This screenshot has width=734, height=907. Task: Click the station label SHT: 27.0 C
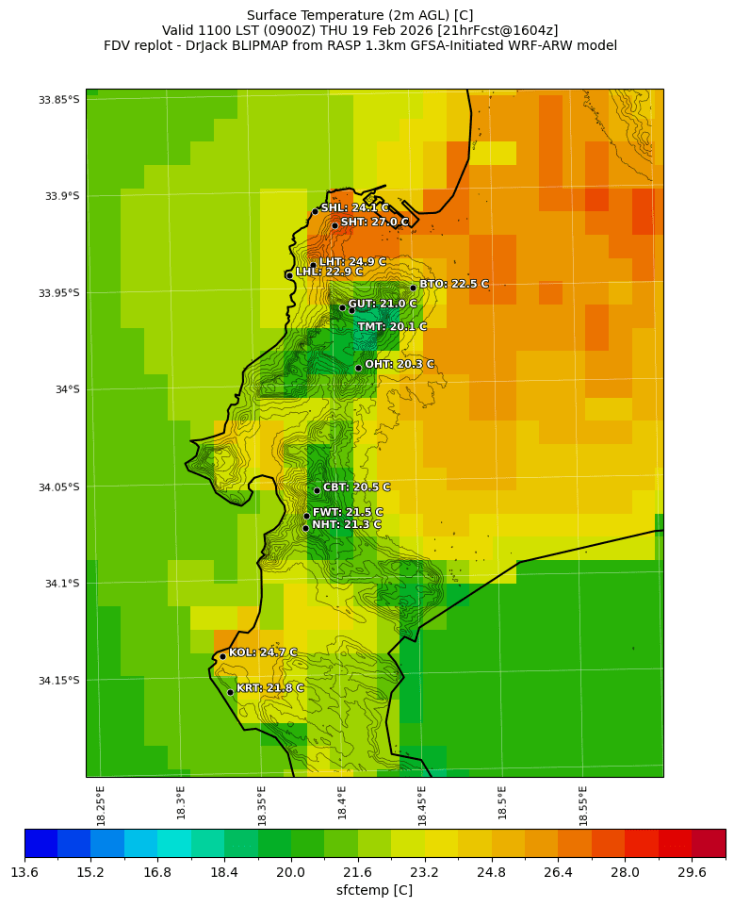[x=374, y=223]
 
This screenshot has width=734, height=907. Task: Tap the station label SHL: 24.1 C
[x=354, y=208]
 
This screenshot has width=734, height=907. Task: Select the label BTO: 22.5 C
[x=454, y=284]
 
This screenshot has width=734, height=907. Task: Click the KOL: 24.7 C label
[x=262, y=652]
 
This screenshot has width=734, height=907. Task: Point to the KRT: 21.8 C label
[x=269, y=688]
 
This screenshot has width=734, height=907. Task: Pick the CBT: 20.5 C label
[x=356, y=487]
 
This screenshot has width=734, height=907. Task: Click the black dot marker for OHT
[x=358, y=368]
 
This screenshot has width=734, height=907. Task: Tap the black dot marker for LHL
[x=289, y=275]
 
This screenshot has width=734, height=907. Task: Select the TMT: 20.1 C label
[x=392, y=327]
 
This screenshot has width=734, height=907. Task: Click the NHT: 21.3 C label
[x=347, y=525]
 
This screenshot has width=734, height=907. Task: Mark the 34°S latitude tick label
[x=66, y=389]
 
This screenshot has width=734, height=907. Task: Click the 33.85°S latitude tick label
[x=59, y=100]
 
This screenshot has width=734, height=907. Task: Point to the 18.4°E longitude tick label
[x=342, y=805]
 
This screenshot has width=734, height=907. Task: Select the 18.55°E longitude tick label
[x=583, y=805]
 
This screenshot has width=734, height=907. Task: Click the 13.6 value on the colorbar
[x=24, y=873]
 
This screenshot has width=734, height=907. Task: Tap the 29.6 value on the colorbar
[x=692, y=873]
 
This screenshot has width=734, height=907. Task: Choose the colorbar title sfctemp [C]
[x=374, y=890]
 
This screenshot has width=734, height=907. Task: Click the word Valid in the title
[x=179, y=30]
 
